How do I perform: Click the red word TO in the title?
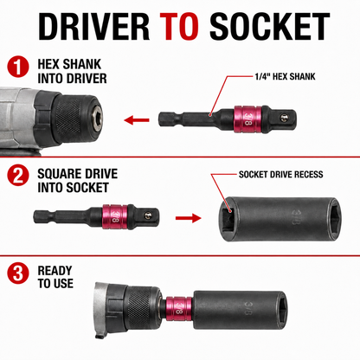[x=179, y=26]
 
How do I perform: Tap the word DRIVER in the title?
[x=93, y=26]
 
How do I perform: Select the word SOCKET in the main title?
[x=269, y=26]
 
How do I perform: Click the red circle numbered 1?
[x=18, y=67]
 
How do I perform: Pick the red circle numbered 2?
[x=18, y=175]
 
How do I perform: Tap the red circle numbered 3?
[x=18, y=273]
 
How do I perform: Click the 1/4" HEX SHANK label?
[x=285, y=76]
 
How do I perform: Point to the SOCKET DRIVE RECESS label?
[x=281, y=175]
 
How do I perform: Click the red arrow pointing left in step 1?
[x=137, y=119]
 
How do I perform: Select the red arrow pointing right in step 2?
[x=189, y=218]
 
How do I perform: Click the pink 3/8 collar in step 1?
[x=247, y=119]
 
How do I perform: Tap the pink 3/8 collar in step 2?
[x=115, y=217]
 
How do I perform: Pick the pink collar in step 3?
[x=178, y=308]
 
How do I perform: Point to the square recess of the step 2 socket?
[x=228, y=218]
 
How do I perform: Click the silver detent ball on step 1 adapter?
[x=285, y=117]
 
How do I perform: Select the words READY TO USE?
[x=55, y=277]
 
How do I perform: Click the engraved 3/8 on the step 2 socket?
[x=296, y=216]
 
